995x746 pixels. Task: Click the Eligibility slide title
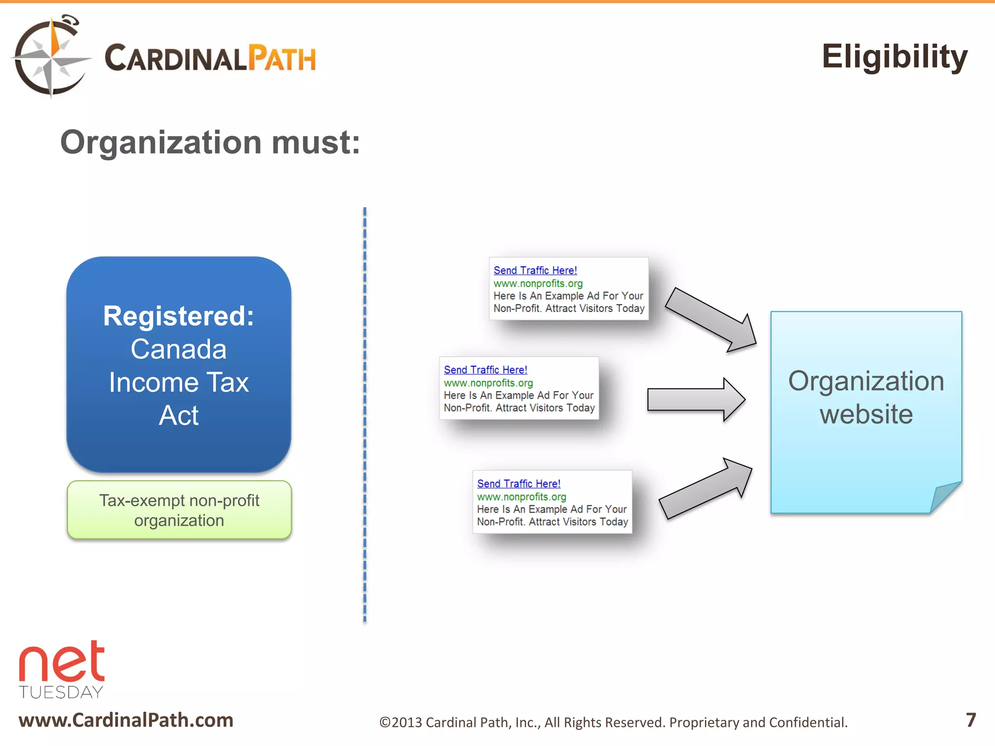pyautogui.click(x=894, y=57)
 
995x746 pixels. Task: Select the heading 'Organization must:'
pyautogui.click(x=210, y=143)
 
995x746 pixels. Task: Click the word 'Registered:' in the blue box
pyautogui.click(x=178, y=316)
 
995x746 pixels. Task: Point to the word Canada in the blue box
pyautogui.click(x=178, y=349)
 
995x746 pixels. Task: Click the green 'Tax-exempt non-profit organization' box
pyautogui.click(x=179, y=510)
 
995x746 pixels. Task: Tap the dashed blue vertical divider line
pyautogui.click(x=365, y=413)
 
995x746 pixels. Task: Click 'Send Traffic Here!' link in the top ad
pyautogui.click(x=535, y=271)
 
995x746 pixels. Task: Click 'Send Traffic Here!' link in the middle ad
pyautogui.click(x=485, y=370)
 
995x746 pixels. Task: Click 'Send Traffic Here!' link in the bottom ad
pyautogui.click(x=518, y=484)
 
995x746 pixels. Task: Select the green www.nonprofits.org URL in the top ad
pyautogui.click(x=538, y=284)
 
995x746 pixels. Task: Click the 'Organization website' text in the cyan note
pyautogui.click(x=866, y=397)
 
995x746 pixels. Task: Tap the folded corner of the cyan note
pyautogui.click(x=945, y=496)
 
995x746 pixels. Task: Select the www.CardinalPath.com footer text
pyautogui.click(x=126, y=720)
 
